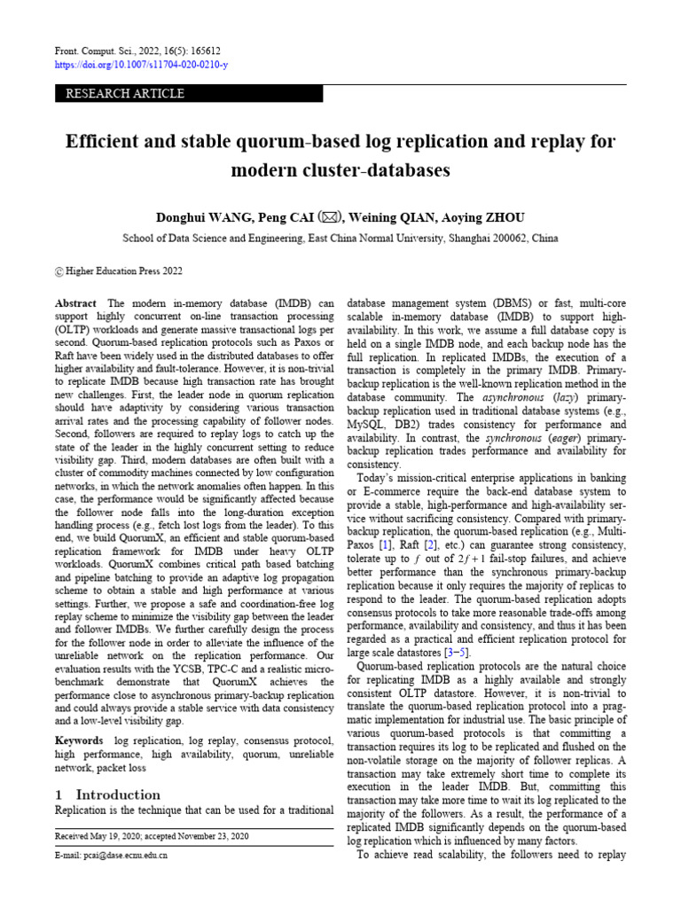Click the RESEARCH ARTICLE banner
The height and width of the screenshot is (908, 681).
(x=120, y=94)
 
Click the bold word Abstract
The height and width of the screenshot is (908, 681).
(x=75, y=302)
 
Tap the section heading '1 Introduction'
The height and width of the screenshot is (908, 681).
(x=107, y=794)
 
